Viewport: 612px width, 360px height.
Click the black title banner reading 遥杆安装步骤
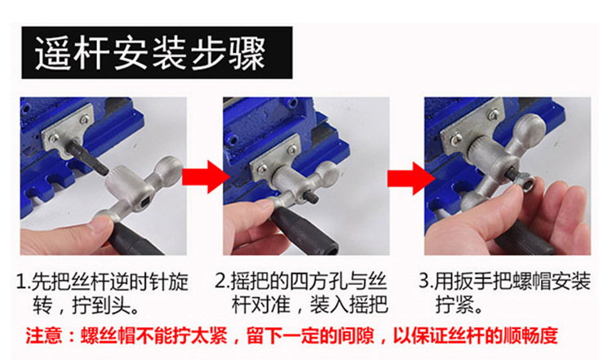[x=157, y=53]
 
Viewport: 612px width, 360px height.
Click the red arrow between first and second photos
[x=206, y=176]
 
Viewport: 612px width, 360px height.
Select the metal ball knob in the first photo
[x=169, y=169]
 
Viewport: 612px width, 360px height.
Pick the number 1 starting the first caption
[x=21, y=282]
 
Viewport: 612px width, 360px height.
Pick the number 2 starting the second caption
[x=221, y=281]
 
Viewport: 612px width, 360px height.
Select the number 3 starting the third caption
[x=424, y=281]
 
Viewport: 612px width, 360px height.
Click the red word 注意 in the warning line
[x=44, y=336]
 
